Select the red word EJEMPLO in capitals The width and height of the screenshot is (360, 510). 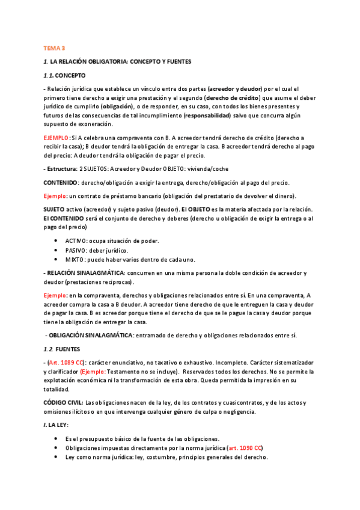[56, 137]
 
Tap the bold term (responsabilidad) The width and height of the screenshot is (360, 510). [207, 114]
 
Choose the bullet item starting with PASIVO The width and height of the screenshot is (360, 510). [96, 250]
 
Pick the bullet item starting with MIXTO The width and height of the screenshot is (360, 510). [130, 259]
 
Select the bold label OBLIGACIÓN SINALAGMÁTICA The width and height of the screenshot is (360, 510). [90, 335]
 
